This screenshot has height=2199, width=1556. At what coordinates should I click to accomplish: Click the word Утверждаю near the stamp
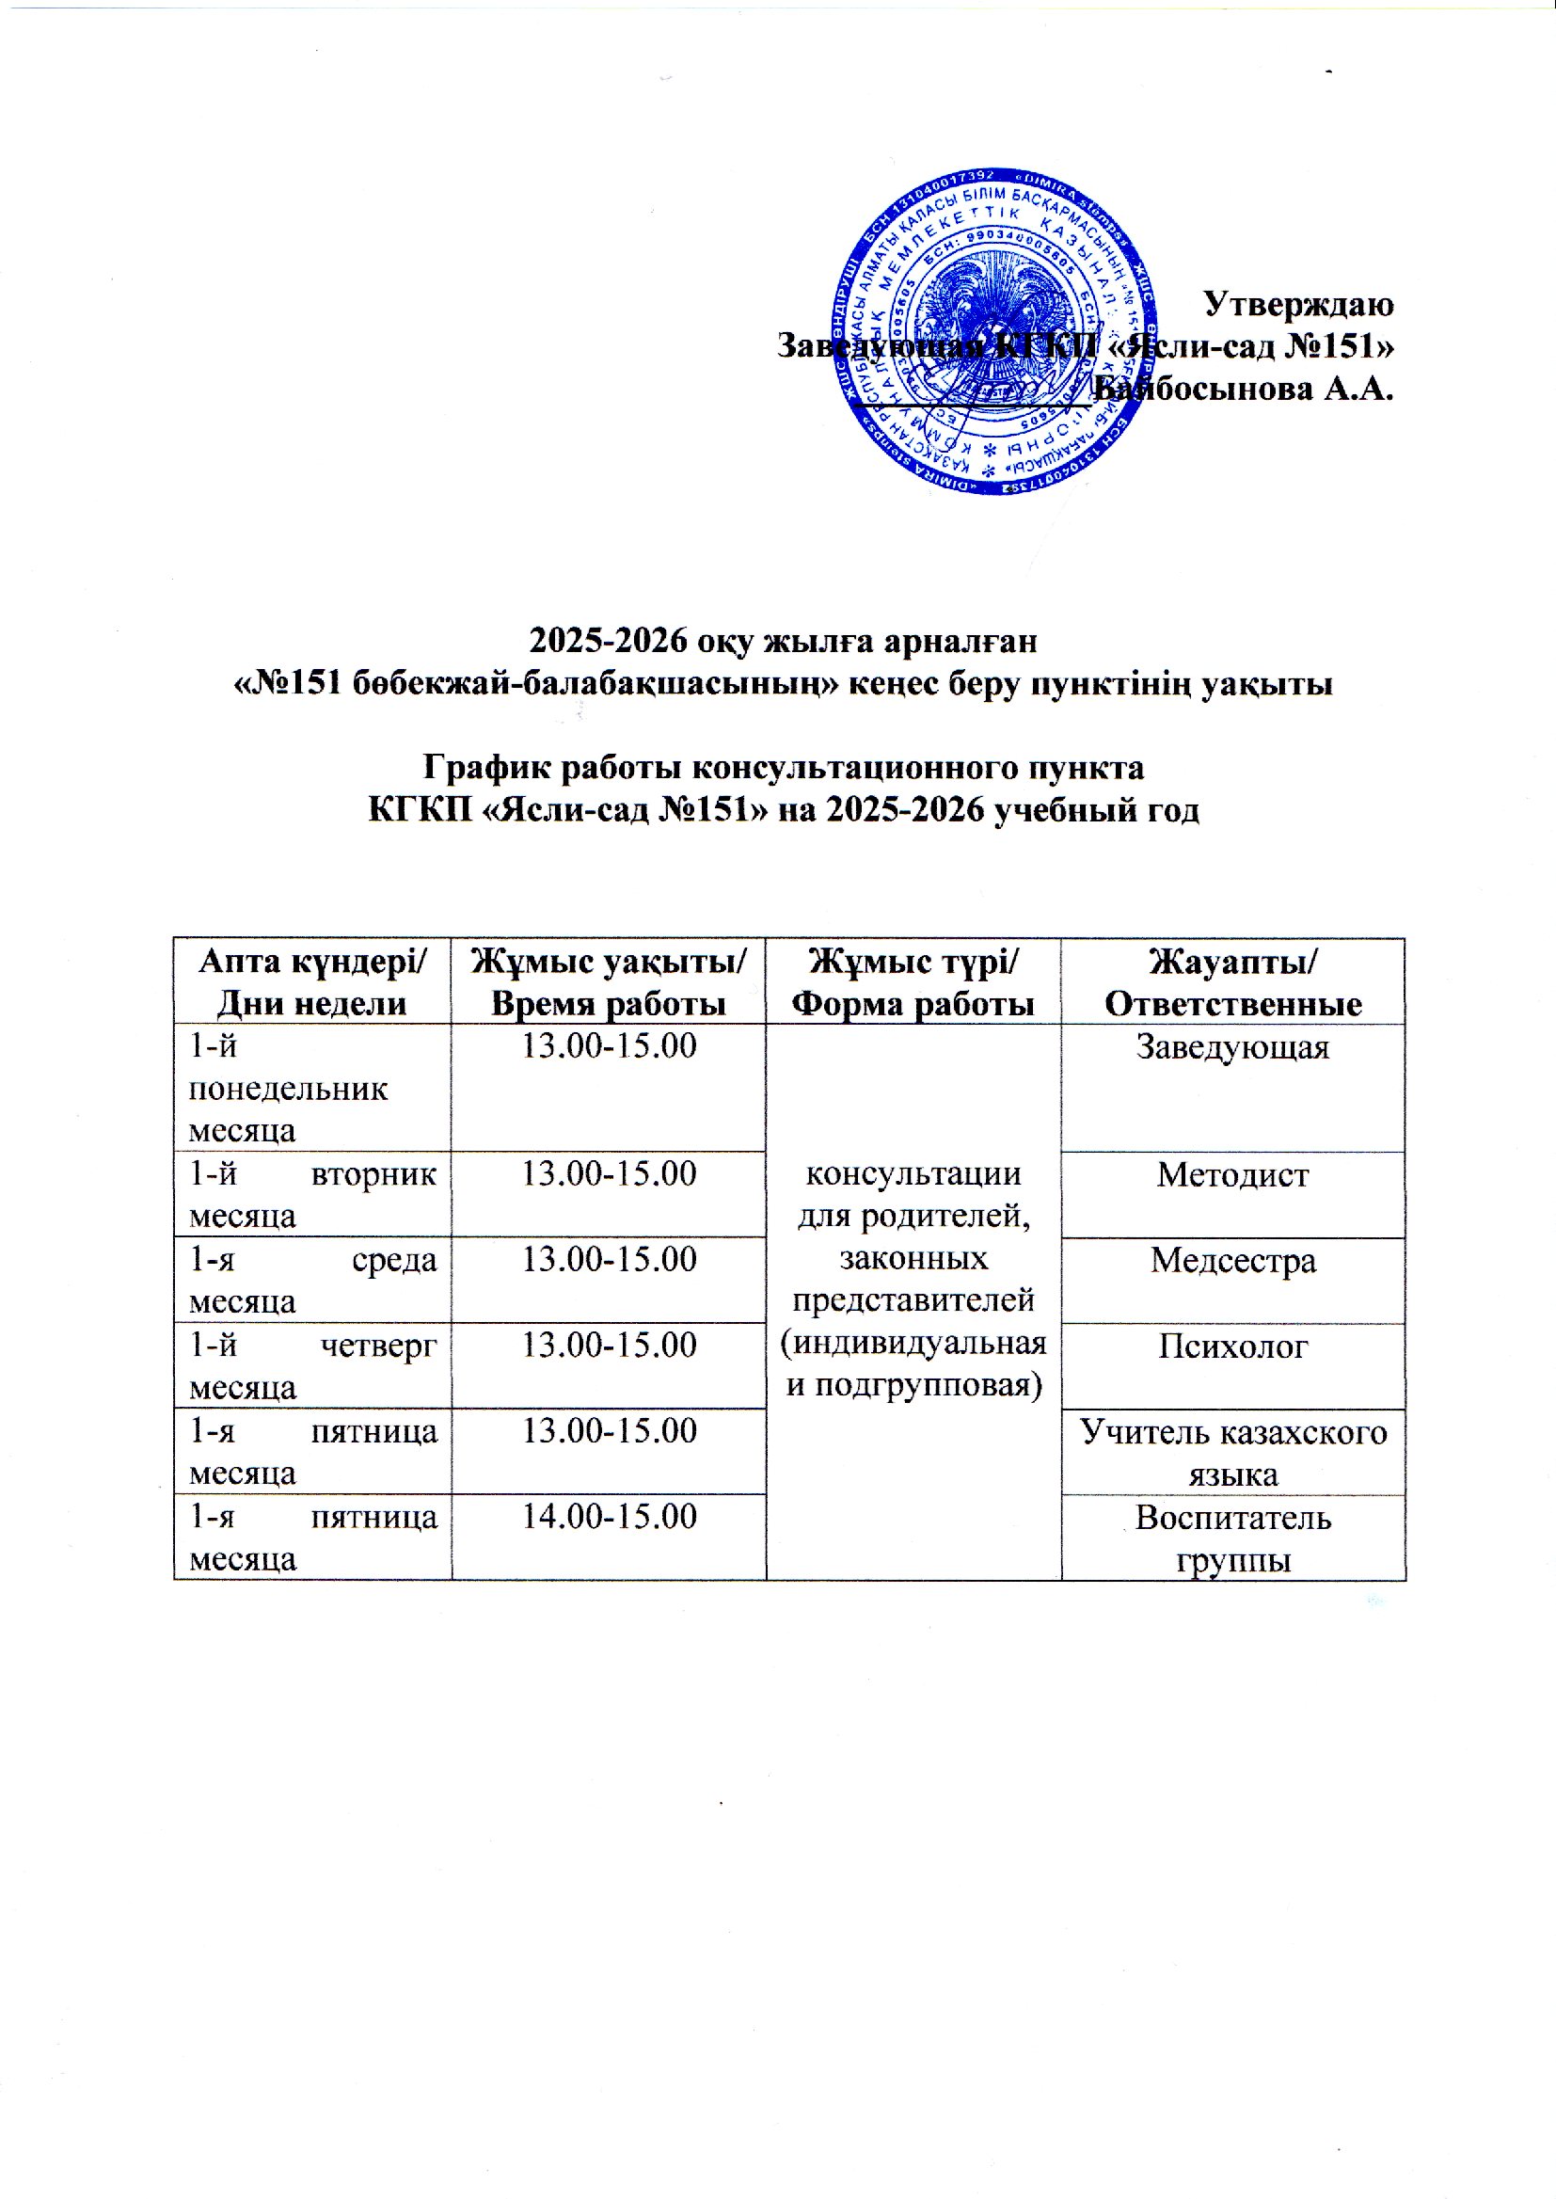tap(1297, 304)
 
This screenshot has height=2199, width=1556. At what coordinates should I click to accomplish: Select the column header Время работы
tap(608, 1003)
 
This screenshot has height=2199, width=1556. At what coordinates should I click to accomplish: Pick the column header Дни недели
tap(311, 1003)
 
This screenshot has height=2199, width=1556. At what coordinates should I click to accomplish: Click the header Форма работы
tap(913, 1003)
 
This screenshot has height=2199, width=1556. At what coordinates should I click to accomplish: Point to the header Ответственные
tap(1232, 1003)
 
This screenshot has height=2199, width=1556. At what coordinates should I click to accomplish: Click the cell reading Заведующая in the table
tap(1232, 1046)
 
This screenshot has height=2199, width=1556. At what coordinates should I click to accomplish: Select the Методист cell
tap(1232, 1174)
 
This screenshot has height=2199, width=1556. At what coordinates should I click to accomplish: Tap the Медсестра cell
tap(1232, 1260)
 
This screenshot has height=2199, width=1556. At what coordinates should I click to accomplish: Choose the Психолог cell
tap(1232, 1346)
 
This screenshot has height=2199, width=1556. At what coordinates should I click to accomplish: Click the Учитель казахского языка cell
tap(1232, 1453)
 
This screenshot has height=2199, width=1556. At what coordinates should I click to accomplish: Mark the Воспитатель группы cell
tap(1232, 1538)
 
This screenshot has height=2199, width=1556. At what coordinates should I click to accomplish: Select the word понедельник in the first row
tap(289, 1089)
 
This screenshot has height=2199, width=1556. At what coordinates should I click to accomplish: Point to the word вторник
tap(374, 1173)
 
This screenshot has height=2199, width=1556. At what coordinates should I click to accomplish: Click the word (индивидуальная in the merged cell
tap(913, 1343)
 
